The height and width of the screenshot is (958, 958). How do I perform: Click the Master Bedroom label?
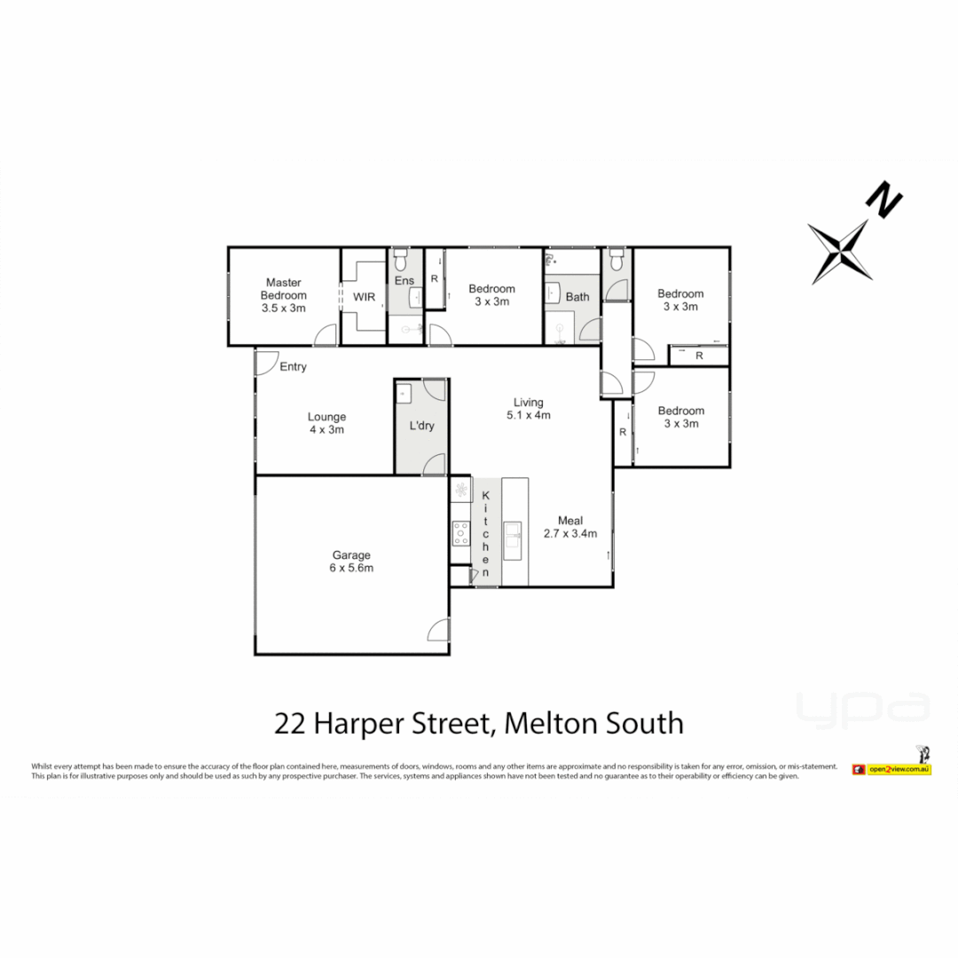click(x=284, y=295)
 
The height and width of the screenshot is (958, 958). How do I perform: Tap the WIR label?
click(x=364, y=296)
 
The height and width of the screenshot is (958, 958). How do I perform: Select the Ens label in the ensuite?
click(x=404, y=280)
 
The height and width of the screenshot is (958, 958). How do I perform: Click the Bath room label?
click(x=577, y=297)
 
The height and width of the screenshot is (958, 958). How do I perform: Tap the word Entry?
click(x=293, y=366)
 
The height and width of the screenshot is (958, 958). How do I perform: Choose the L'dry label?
click(x=421, y=427)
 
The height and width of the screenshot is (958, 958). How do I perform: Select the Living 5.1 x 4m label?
click(x=529, y=408)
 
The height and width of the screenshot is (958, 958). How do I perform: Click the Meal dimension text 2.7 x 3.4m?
click(x=570, y=533)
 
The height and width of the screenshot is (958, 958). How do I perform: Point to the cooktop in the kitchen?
click(x=461, y=532)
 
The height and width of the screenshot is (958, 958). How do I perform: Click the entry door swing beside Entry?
click(x=265, y=362)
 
